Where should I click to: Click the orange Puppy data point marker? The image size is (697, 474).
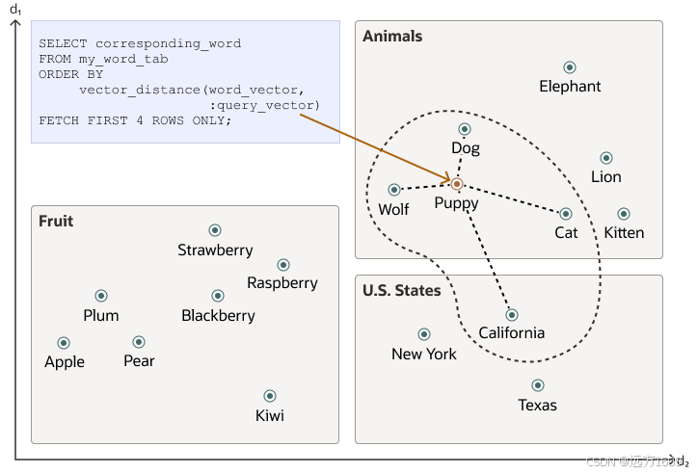coord(457,184)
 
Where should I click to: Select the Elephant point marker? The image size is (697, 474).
coord(570,67)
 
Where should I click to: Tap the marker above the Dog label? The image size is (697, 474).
coord(465,129)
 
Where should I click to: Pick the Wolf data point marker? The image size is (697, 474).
coord(394,190)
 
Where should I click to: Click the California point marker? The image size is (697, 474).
coord(512,315)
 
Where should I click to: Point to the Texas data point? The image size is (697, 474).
coord(538,385)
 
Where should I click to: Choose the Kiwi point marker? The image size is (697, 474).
coord(270,396)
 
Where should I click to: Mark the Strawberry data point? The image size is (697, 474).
coord(215,230)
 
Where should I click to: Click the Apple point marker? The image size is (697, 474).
coord(64,343)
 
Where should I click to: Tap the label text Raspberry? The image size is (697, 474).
coord(282,283)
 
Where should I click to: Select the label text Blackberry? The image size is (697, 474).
coord(218,316)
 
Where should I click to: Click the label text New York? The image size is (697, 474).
coord(424,355)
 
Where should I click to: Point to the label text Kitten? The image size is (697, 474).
coord(624,233)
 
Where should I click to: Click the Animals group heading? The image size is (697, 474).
coord(392,37)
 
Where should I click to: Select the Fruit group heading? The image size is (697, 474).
coord(56,222)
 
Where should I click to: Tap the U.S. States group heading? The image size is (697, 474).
coord(402,291)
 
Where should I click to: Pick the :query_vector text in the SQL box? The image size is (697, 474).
coord(264,105)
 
